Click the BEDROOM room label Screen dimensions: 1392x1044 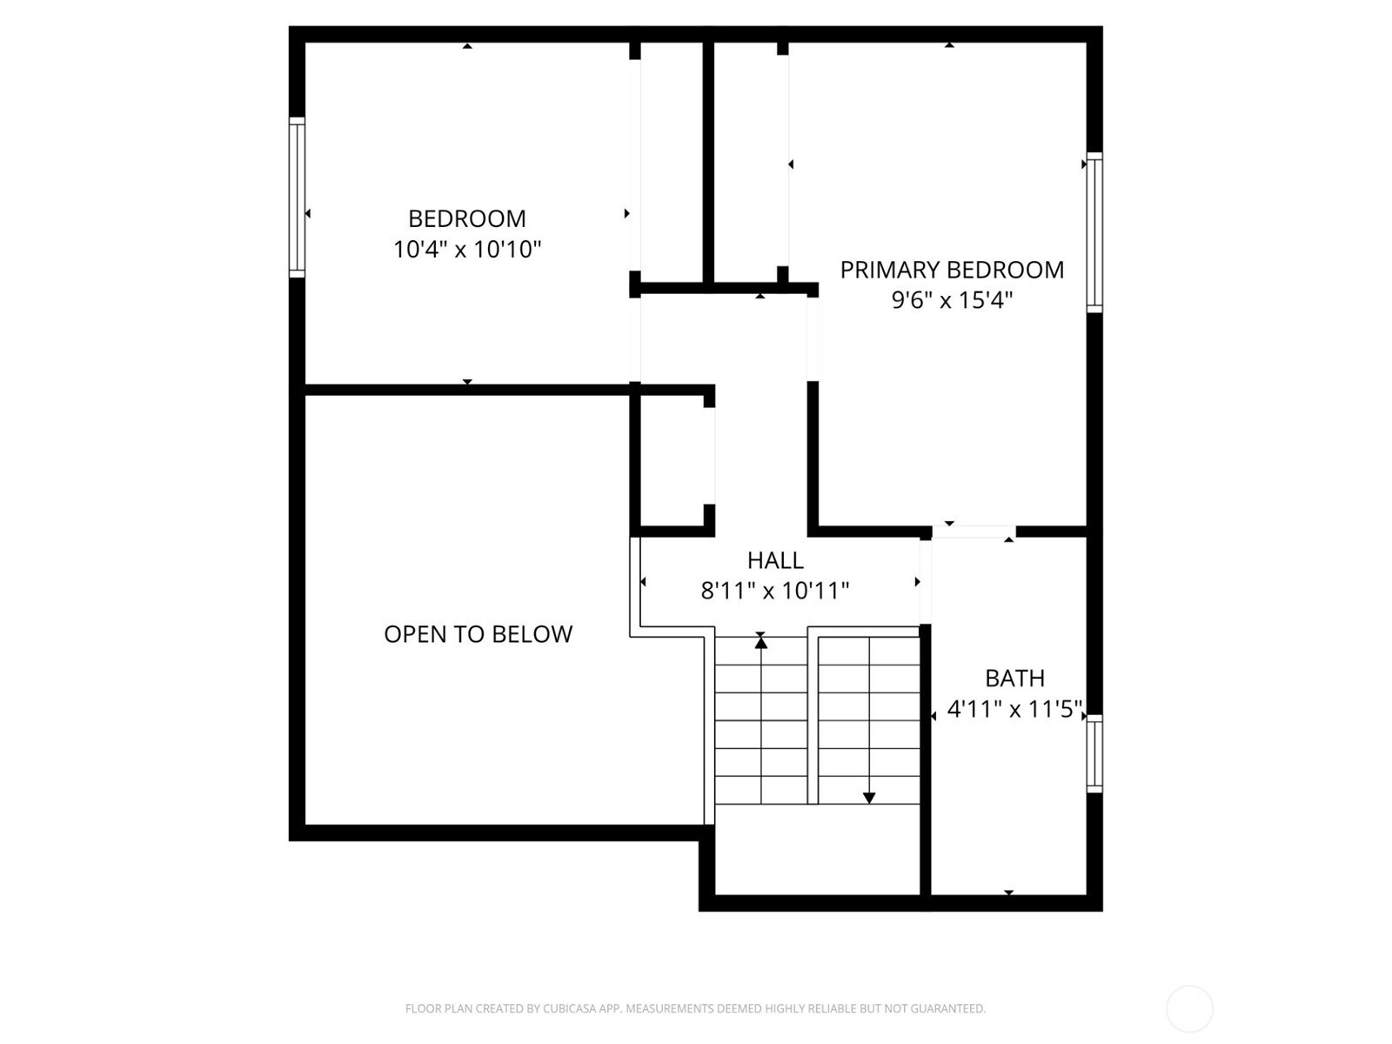point(466,218)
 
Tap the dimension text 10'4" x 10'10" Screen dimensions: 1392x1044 point(466,249)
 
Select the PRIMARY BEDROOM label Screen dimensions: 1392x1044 point(951,270)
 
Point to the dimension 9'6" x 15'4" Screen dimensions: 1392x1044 point(951,300)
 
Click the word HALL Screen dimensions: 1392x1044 point(775,560)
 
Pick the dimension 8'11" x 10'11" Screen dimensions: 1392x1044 point(774,591)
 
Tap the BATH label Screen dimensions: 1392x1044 point(1014,679)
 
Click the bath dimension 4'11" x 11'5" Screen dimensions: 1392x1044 point(1014,709)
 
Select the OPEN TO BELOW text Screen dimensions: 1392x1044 point(478,634)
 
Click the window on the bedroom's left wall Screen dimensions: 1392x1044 point(297,197)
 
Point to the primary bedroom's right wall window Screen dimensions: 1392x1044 point(1094,232)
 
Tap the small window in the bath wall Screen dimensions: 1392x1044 point(1094,753)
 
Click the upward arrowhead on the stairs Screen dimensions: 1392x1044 point(761,642)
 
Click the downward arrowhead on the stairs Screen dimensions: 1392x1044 point(869,799)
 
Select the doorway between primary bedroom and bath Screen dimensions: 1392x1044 point(974,532)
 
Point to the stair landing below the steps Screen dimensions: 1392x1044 point(818,849)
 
